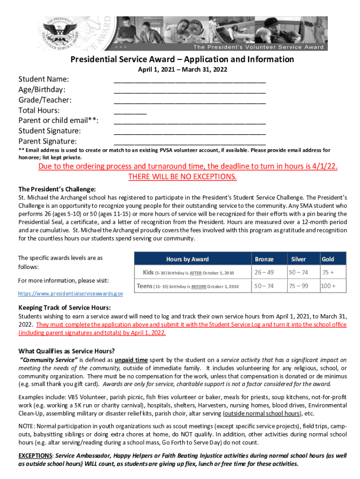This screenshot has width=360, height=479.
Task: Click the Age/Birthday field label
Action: coord(42,89)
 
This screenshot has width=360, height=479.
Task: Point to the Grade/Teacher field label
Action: coord(45,100)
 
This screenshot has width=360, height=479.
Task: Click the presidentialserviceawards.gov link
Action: coord(71,293)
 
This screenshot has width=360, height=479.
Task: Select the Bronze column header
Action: coord(264,259)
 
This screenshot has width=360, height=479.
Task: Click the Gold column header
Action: coord(327,259)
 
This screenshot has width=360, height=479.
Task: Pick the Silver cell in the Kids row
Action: coord(298,272)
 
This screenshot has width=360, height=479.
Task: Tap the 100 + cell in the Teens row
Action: coord(328,286)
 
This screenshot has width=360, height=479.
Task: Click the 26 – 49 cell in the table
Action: coord(264,272)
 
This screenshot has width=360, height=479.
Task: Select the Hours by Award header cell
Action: coord(187,259)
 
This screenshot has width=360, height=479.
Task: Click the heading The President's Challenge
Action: coord(57,189)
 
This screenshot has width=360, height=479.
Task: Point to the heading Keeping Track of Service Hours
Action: coord(65,307)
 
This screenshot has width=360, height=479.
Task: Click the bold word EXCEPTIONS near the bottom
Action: coord(36,456)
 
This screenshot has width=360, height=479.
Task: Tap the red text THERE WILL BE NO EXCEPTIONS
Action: coord(182,177)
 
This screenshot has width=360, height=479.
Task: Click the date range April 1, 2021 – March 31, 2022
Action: coord(182,69)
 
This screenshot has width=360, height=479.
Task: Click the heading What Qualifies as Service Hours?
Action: coord(66,351)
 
